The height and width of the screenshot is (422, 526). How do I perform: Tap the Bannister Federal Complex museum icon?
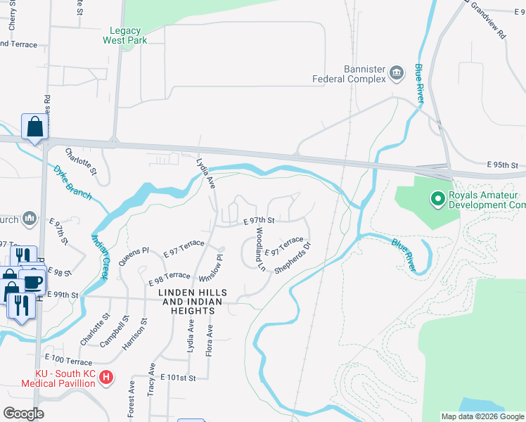tap(396, 71)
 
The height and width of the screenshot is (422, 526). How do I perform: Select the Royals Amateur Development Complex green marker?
tap(437, 199)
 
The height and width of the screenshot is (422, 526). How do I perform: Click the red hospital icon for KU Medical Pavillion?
tap(105, 378)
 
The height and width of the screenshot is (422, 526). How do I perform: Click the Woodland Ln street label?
tap(259, 249)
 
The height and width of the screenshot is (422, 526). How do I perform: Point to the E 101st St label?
tap(177, 378)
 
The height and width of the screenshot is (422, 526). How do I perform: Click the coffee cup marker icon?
tap(32, 282)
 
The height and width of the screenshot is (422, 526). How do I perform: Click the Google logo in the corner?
tap(23, 414)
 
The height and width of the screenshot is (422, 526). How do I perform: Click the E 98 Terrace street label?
tap(169, 278)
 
